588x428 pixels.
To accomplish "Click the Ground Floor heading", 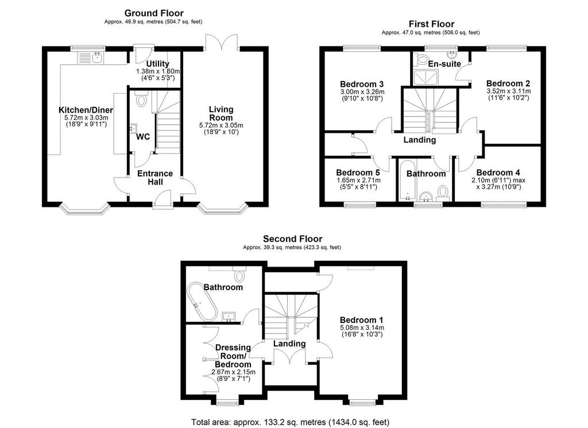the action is click(154, 14).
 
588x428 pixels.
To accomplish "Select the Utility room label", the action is click(157, 64).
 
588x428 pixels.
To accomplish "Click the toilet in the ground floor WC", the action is click(142, 99).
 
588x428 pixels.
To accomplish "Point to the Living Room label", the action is click(221, 113).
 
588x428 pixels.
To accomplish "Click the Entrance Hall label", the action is click(155, 178).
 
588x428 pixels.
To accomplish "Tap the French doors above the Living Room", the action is click(222, 43).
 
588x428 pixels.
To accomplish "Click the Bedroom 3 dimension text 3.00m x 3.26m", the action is click(362, 92).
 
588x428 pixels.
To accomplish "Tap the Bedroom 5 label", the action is click(358, 172).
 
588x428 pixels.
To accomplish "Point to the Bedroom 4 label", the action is click(498, 172).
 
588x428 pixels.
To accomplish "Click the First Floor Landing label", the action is click(420, 140).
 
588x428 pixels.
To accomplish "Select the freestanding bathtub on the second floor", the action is click(202, 302).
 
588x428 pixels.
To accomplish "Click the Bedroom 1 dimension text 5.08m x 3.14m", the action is click(362, 328).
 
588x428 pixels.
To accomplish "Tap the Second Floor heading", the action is click(292, 239).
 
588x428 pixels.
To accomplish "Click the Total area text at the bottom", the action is click(290, 422).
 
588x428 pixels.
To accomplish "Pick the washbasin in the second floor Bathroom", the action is click(229, 317).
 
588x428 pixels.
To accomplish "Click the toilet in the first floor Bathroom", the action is click(443, 192).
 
